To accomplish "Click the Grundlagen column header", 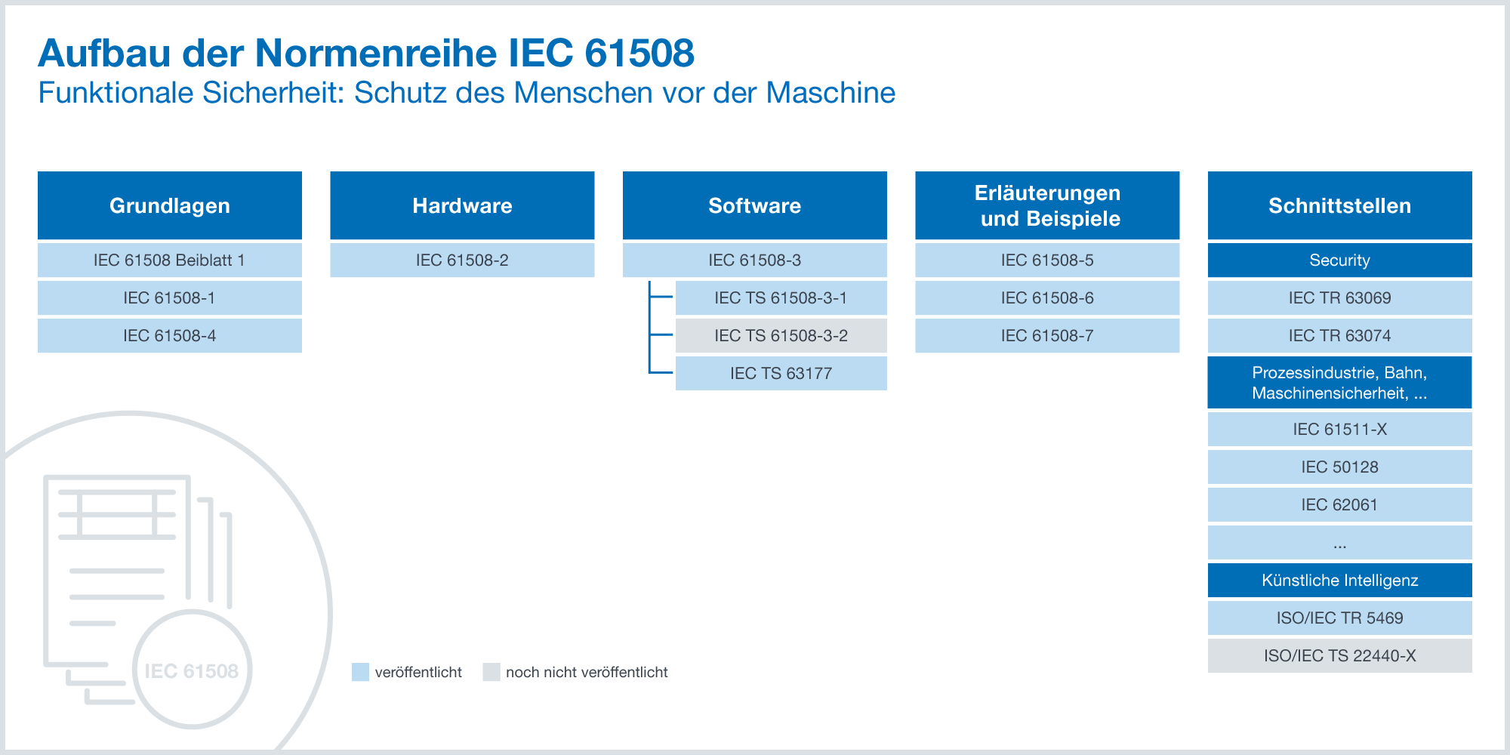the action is (170, 205).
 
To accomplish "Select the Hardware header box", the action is (462, 205).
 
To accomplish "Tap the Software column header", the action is (755, 205).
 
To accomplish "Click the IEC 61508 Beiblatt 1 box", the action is (170, 260).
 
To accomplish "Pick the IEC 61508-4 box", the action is (170, 335).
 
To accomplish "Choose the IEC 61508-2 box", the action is (462, 260).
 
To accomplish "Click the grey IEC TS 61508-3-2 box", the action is (781, 335).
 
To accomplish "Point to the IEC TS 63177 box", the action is (781, 373).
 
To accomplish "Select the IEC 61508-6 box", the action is (1047, 297).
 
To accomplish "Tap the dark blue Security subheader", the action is (1340, 260).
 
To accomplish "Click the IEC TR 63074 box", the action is (1340, 335).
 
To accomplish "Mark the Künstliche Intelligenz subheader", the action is (1340, 580).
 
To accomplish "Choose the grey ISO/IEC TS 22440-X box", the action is (1340, 655).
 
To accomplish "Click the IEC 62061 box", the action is (1340, 504).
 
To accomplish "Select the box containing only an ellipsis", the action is (1340, 542).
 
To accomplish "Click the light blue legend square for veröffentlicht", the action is (360, 672).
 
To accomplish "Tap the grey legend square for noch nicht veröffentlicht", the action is (492, 672).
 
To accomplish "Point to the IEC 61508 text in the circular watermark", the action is (192, 670).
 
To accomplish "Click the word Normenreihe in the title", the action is (376, 53).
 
